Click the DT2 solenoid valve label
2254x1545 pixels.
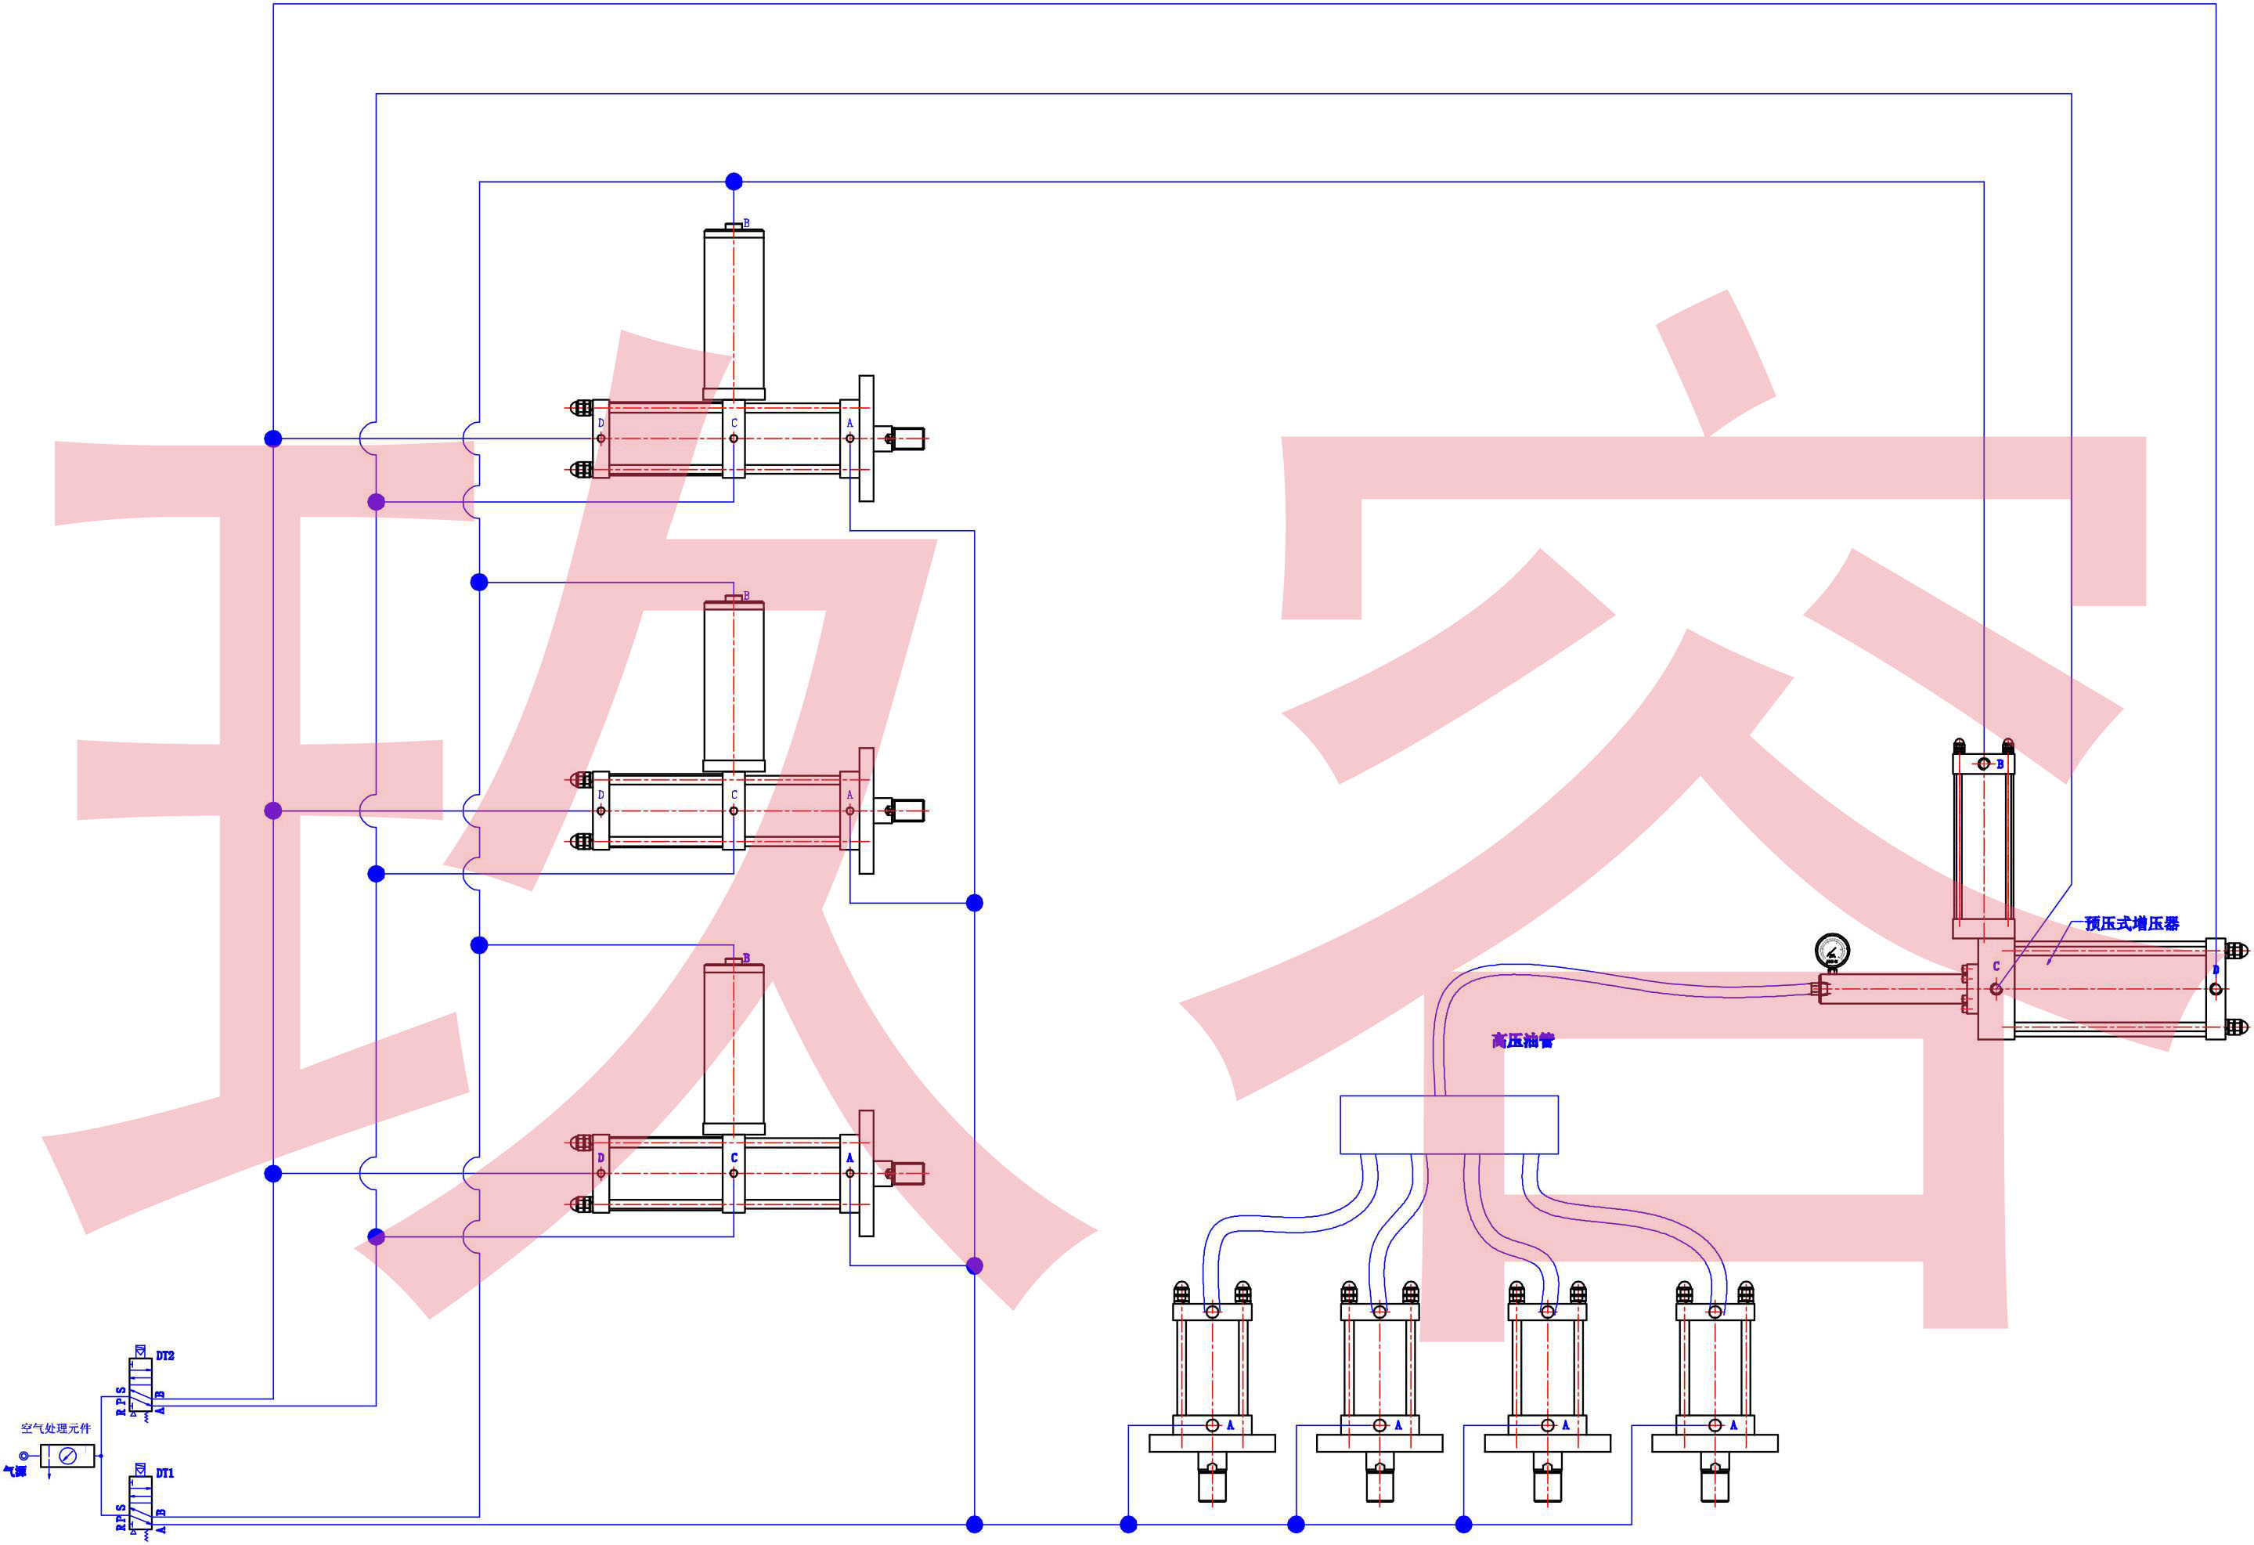pos(165,1355)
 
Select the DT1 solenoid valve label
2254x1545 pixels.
pos(165,1473)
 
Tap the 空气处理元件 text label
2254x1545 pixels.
pos(56,1428)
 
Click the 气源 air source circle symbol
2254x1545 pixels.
pos(24,1456)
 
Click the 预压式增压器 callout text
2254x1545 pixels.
pos(2131,923)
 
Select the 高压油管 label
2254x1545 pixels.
pos(1522,1041)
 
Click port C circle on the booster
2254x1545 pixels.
pos(1995,989)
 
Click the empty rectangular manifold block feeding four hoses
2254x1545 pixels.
pos(1448,1125)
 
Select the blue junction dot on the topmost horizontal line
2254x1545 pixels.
pos(734,182)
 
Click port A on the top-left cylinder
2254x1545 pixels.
pos(849,439)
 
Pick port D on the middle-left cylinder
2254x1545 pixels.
pos(600,810)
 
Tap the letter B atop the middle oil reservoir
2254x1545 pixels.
pos(746,595)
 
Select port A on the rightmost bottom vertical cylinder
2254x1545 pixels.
pos(1715,1424)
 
